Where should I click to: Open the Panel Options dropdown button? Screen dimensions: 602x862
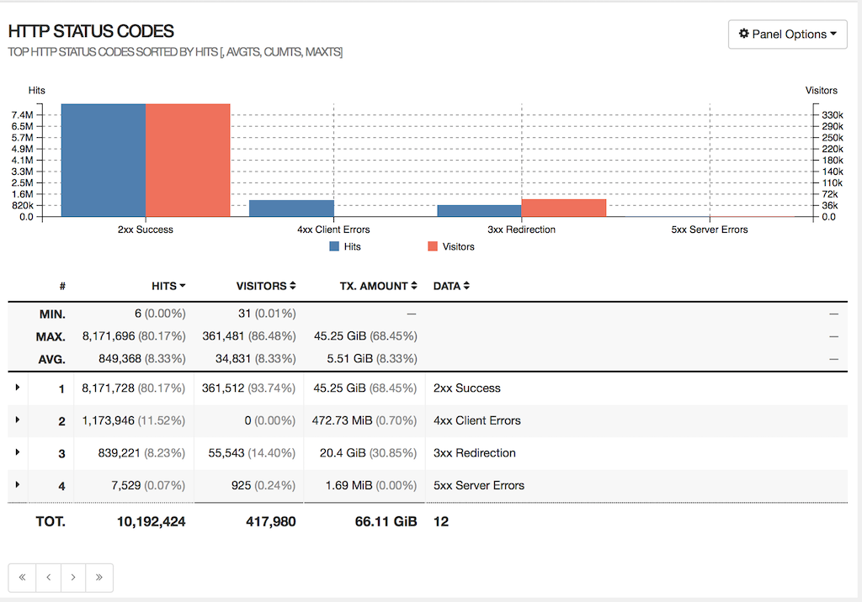[787, 34]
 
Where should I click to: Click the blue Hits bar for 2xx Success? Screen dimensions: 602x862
[104, 160]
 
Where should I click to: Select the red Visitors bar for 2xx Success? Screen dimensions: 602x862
[188, 160]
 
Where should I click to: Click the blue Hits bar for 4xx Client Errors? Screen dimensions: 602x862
[291, 208]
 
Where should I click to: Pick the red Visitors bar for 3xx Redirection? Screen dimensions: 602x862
[563, 208]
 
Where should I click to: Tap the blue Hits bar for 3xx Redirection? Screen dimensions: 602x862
[479, 210]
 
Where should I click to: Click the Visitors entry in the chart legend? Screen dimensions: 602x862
[451, 246]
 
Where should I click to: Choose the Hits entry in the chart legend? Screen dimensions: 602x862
[345, 246]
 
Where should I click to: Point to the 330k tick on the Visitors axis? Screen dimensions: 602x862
[833, 114]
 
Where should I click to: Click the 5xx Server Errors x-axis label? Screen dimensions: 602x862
[709, 230]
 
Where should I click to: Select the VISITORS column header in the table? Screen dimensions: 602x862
[265, 286]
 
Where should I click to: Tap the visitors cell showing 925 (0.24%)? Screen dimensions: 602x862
[263, 485]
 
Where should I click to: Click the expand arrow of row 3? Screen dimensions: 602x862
[18, 452]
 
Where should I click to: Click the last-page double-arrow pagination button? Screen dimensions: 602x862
[99, 578]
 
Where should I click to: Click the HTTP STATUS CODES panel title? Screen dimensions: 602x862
[91, 32]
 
